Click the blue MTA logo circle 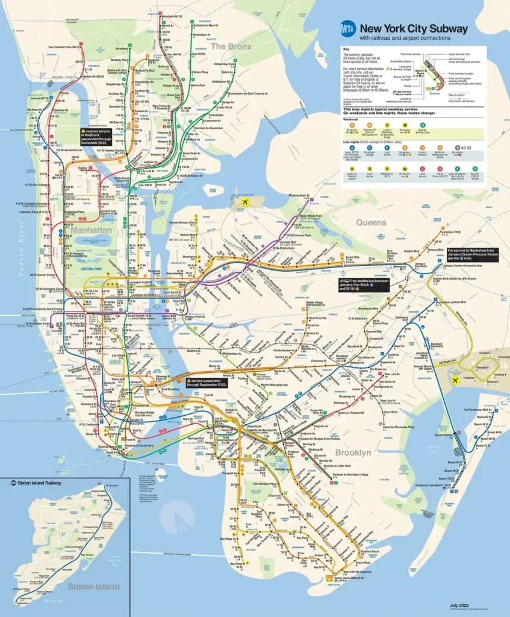click(347, 28)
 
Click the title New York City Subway click(413, 28)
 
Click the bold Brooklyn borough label click(353, 452)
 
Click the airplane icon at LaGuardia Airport click(244, 202)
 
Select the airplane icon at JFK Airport click(456, 381)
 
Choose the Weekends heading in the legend click(352, 119)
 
